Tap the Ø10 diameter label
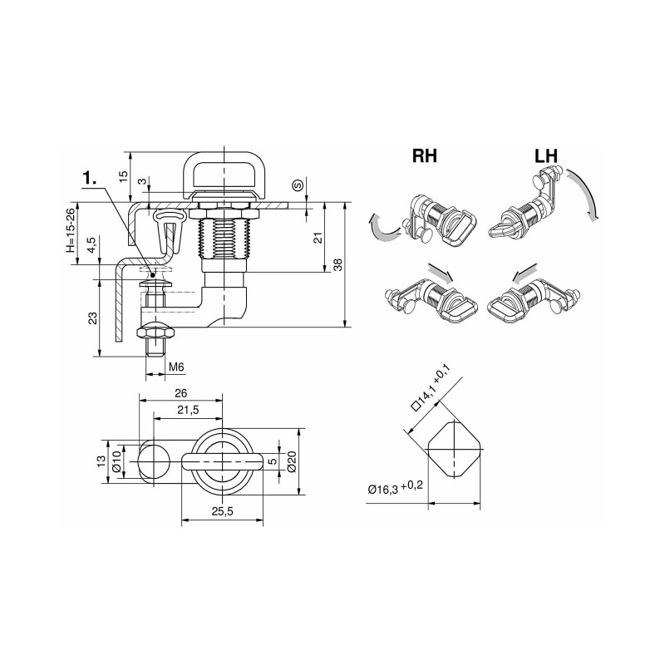coord(118,462)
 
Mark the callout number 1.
coord(92,178)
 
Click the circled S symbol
coord(297,184)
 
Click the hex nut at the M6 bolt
coord(155,331)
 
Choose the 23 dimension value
coord(92,318)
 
